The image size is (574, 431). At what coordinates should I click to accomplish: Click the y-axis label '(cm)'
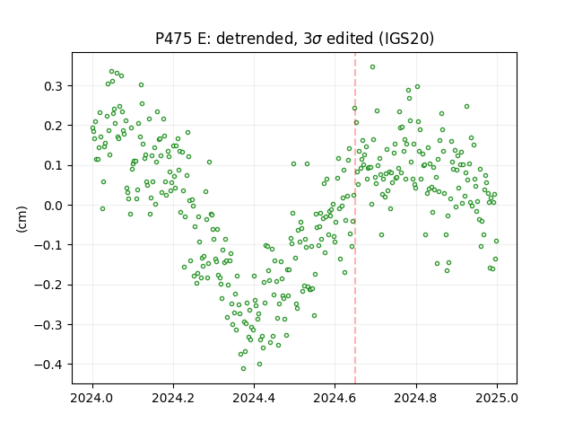pyautogui.click(x=22, y=219)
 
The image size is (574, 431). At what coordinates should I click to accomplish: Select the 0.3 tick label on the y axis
pyautogui.click(x=54, y=86)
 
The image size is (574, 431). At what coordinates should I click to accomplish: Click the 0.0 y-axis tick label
pyautogui.click(x=54, y=206)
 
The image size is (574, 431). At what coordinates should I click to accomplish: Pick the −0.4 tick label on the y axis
pyautogui.click(x=48, y=365)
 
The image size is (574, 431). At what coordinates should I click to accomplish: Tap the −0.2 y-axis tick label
pyautogui.click(x=48, y=286)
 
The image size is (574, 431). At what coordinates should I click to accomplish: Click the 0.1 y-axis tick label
pyautogui.click(x=54, y=165)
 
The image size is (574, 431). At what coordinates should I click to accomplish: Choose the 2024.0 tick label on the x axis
pyautogui.click(x=92, y=398)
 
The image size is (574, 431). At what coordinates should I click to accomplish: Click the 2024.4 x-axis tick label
pyautogui.click(x=254, y=398)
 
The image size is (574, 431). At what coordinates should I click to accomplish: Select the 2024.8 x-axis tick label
pyautogui.click(x=416, y=398)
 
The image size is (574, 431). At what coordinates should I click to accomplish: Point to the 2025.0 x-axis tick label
pyautogui.click(x=497, y=398)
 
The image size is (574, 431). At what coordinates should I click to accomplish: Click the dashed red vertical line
pyautogui.click(x=355, y=218)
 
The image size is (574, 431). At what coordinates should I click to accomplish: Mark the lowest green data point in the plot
pyautogui.click(x=243, y=368)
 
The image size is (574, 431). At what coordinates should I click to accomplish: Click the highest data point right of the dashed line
pyautogui.click(x=372, y=66)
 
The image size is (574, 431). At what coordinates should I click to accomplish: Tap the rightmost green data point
pyautogui.click(x=496, y=242)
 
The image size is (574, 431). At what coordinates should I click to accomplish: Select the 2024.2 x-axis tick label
pyautogui.click(x=173, y=398)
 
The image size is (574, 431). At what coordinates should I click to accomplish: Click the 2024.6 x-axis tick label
pyautogui.click(x=335, y=398)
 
